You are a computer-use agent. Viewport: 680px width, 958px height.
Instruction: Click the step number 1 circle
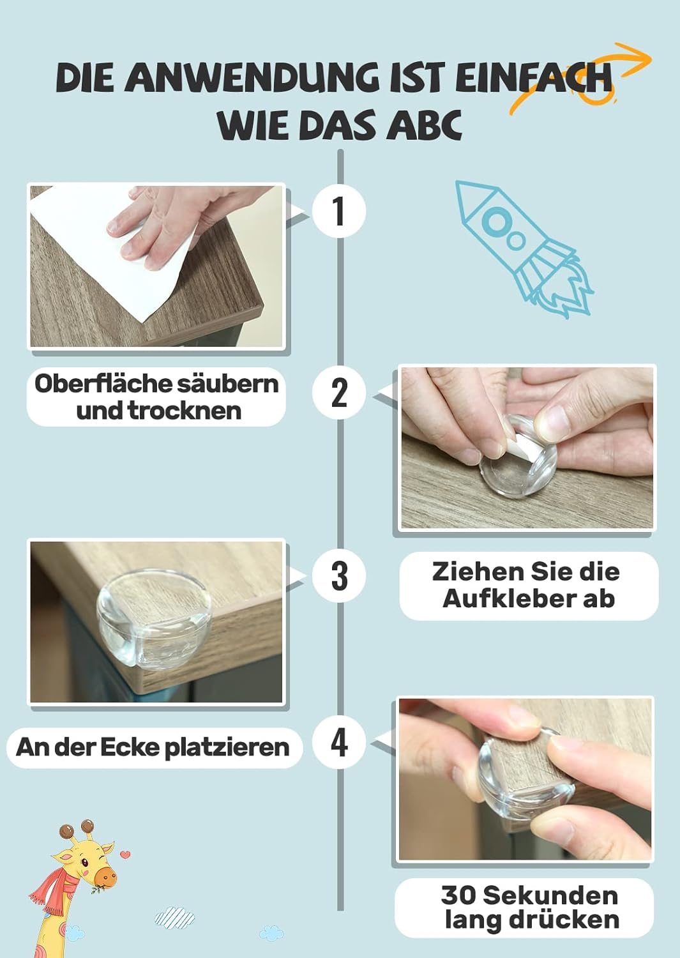pyautogui.click(x=338, y=211)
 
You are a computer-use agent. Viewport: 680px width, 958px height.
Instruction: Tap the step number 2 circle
pyautogui.click(x=338, y=393)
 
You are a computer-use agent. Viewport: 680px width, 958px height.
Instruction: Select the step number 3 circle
pyautogui.click(x=338, y=575)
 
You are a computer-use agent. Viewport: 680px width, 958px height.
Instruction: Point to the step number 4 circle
pyautogui.click(x=338, y=743)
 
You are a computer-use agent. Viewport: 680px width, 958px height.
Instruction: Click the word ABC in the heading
pyautogui.click(x=424, y=125)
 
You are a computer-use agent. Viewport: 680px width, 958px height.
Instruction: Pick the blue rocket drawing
pyautogui.click(x=524, y=248)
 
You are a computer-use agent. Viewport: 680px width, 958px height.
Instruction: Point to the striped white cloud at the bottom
pyautogui.click(x=174, y=916)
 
